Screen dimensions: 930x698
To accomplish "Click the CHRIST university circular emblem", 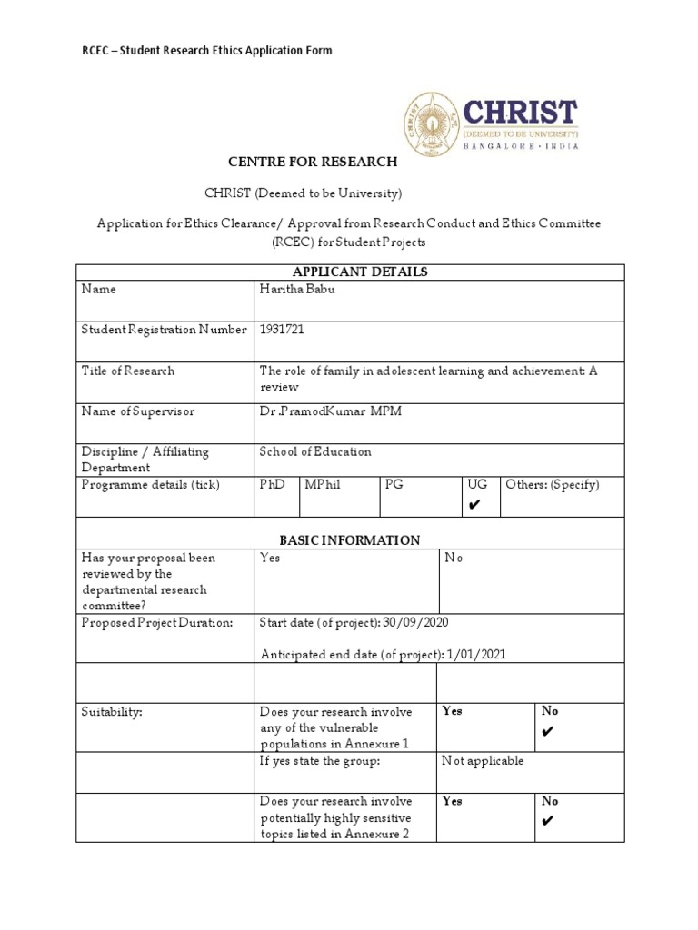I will (x=432, y=124).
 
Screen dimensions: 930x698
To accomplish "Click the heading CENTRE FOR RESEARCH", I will (x=312, y=162).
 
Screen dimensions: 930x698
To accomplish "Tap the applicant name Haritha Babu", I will (x=297, y=290).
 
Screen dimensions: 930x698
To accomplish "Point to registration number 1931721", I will (x=282, y=330).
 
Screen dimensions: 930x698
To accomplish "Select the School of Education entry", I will (x=315, y=451).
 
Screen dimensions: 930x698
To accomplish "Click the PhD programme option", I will (x=273, y=485).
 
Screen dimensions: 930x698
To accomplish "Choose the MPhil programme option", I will (x=323, y=485).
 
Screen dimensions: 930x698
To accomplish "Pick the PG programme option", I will (x=394, y=485).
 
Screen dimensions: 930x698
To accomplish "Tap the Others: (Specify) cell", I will (x=552, y=485).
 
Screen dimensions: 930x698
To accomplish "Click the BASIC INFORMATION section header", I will (x=350, y=539).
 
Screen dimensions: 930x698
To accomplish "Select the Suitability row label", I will (x=112, y=712).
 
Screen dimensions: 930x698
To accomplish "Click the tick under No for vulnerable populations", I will (x=546, y=732).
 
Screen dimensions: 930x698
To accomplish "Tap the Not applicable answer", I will (x=484, y=761).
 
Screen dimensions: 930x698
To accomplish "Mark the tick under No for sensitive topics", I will (x=546, y=822).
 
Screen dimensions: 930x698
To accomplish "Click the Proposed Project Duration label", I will (x=156, y=623).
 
